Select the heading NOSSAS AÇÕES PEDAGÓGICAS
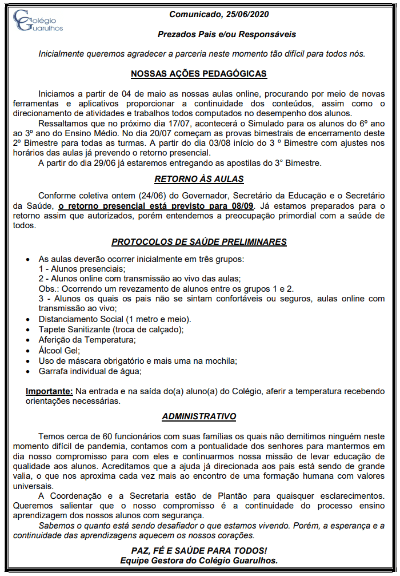click(198, 74)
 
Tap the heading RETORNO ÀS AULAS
click(199, 178)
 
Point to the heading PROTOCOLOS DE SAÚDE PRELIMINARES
click(199, 241)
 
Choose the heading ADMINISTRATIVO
click(199, 416)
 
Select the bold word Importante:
click(49, 391)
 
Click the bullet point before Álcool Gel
click(29, 351)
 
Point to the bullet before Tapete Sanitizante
click(29, 330)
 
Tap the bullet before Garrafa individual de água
click(29, 371)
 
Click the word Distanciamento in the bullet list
click(65, 319)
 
